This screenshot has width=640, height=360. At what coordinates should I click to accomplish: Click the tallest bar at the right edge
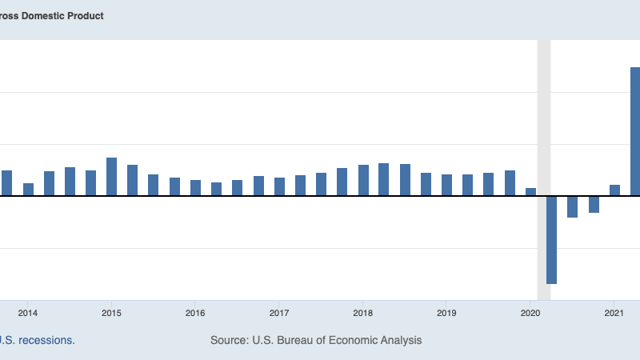tap(635, 131)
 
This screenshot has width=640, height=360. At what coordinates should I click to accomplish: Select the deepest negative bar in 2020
tap(551, 239)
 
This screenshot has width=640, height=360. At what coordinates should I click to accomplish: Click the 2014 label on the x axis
tap(28, 313)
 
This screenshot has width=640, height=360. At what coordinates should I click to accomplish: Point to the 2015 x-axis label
tap(111, 313)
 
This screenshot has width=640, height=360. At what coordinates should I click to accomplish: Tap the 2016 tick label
tap(195, 313)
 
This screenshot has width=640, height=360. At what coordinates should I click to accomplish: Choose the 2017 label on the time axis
tap(279, 313)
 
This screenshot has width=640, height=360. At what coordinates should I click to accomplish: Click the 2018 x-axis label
tap(363, 313)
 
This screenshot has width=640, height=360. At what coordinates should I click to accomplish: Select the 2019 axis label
tap(446, 313)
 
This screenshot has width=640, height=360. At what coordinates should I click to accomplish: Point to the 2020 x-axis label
tap(530, 313)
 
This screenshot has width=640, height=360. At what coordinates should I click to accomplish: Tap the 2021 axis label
tap(614, 313)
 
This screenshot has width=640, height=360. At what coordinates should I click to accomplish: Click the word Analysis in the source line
tap(397, 340)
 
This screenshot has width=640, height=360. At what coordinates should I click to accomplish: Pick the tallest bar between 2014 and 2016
tap(112, 177)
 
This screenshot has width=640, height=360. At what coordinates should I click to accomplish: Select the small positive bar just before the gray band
tap(530, 191)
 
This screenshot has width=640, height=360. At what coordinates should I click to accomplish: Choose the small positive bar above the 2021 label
tap(614, 190)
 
